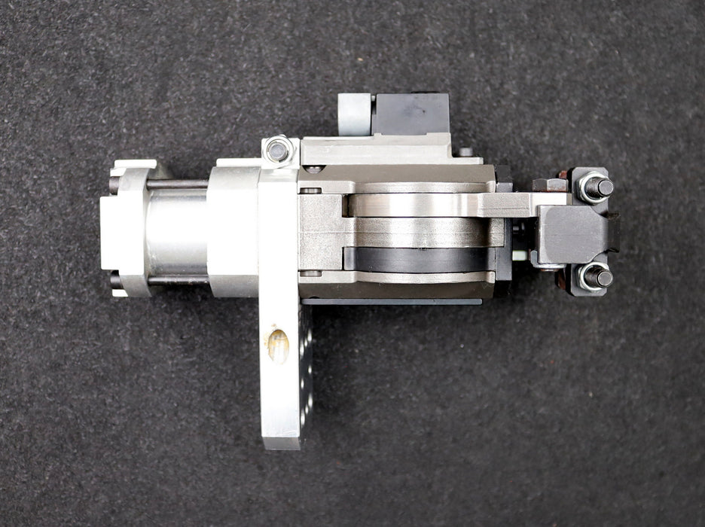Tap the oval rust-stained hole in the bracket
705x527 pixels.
point(278,346)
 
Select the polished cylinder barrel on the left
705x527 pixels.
point(176,231)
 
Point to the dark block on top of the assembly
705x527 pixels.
point(410,114)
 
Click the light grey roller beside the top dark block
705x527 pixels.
point(354,114)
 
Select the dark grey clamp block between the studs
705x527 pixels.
point(572,233)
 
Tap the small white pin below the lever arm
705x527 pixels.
point(520,255)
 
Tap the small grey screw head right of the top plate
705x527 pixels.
point(465,152)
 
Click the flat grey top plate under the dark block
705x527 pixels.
point(377,149)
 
